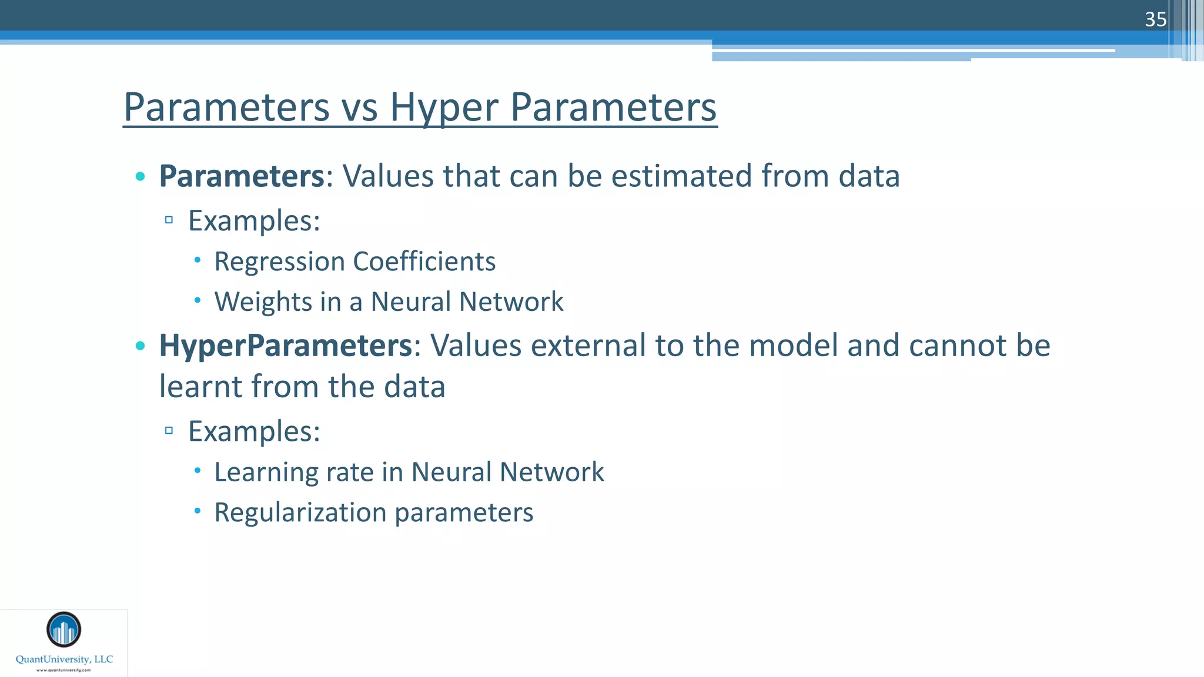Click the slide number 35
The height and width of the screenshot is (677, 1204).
click(1155, 19)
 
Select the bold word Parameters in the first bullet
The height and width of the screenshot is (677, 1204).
click(242, 176)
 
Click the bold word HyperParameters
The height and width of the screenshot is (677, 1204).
click(286, 345)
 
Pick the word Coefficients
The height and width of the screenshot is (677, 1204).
click(424, 262)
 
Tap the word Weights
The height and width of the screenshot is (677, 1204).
click(263, 302)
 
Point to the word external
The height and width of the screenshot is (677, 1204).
click(588, 345)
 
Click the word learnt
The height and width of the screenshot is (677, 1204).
click(200, 387)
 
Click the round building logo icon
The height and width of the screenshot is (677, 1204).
click(63, 629)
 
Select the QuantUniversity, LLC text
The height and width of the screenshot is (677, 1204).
click(64, 659)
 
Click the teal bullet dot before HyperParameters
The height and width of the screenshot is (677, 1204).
click(140, 346)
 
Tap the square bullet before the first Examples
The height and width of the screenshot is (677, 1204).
click(169, 220)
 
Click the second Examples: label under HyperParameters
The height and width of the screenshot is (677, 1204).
click(254, 431)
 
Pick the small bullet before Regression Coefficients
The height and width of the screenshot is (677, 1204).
click(198, 259)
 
